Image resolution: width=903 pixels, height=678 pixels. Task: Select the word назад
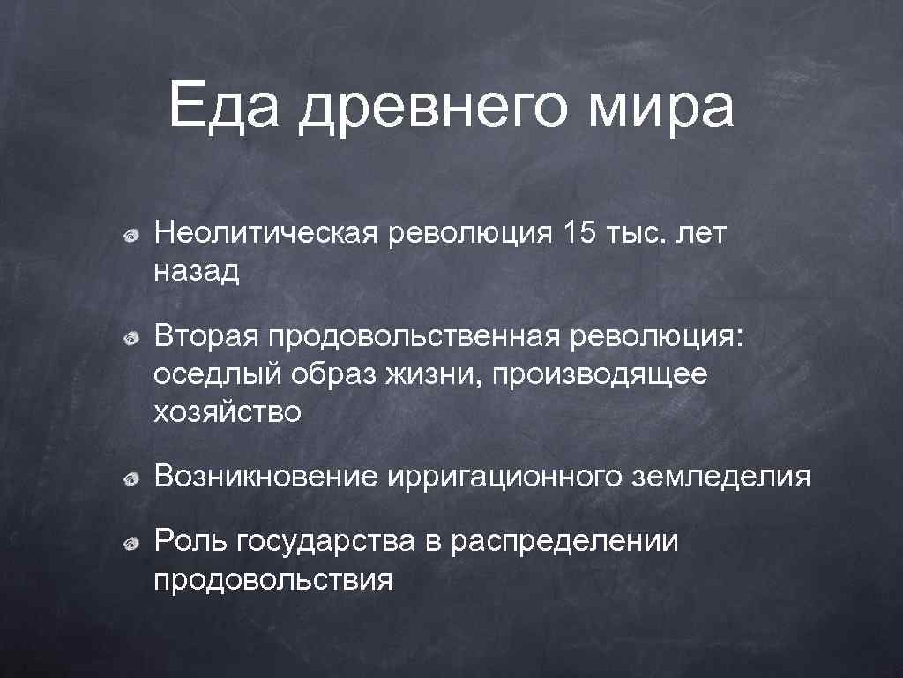(x=197, y=271)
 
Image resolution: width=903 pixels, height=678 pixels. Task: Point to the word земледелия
(x=721, y=478)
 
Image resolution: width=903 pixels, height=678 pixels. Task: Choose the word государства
(x=325, y=542)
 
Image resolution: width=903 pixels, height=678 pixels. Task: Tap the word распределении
(x=564, y=542)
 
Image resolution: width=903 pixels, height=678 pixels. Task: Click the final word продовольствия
(x=273, y=580)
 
